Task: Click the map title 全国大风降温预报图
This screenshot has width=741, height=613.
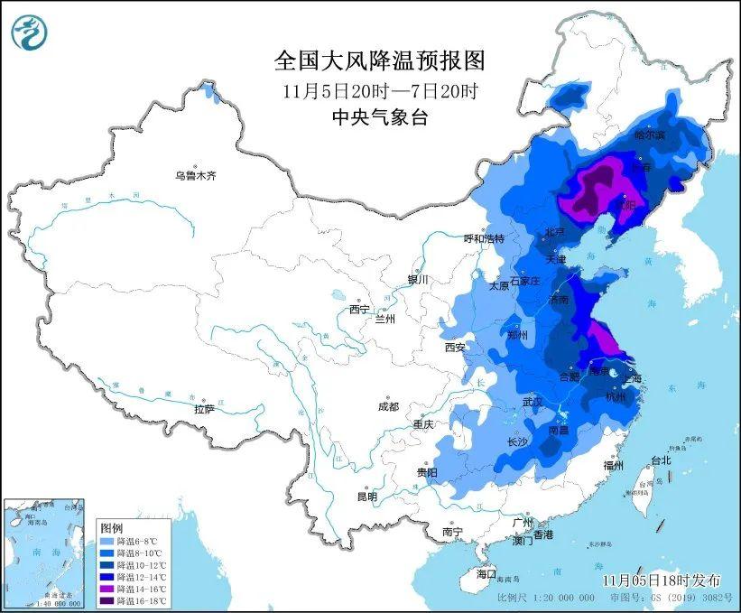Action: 379,60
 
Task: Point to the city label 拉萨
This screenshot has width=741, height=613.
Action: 205,409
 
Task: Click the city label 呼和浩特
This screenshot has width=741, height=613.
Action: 484,238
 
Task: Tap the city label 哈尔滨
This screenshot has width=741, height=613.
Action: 649,135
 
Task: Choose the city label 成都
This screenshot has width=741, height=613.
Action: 389,406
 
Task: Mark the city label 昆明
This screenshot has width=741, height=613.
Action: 366,497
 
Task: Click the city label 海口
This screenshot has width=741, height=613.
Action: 487,574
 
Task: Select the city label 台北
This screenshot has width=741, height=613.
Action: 662,460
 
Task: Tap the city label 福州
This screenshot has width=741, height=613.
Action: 615,465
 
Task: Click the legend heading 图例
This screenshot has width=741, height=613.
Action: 111,526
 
